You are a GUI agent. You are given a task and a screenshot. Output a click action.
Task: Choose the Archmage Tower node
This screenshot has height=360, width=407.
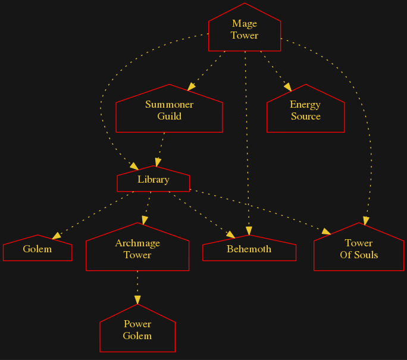click(137, 249)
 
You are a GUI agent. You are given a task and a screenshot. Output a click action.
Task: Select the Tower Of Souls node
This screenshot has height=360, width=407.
click(359, 249)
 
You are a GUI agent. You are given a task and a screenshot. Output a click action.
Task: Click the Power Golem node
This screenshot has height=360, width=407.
click(137, 330)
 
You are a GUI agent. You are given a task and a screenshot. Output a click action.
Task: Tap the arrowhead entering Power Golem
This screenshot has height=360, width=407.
click(137, 300)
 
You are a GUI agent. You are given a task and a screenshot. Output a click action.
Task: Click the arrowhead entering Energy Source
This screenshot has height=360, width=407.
click(288, 87)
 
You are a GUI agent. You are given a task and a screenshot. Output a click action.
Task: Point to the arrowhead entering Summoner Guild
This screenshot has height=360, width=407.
click(190, 87)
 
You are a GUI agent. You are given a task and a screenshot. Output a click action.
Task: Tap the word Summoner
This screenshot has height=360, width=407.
click(169, 105)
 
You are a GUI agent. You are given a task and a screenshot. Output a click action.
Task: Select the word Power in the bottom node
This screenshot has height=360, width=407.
click(137, 324)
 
